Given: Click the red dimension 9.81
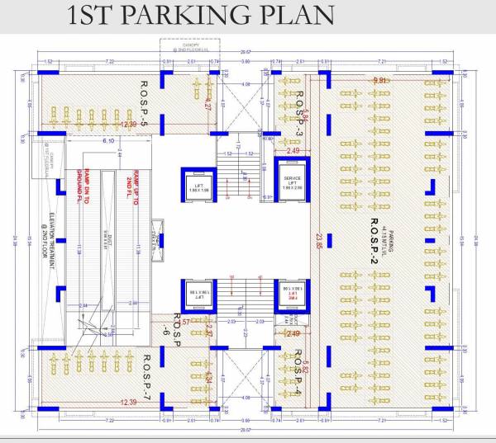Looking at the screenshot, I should (380, 80).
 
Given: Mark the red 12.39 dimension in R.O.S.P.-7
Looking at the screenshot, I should (127, 402).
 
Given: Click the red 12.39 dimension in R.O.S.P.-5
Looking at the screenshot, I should (130, 124).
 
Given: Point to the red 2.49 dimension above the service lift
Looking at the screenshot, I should (293, 151).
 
